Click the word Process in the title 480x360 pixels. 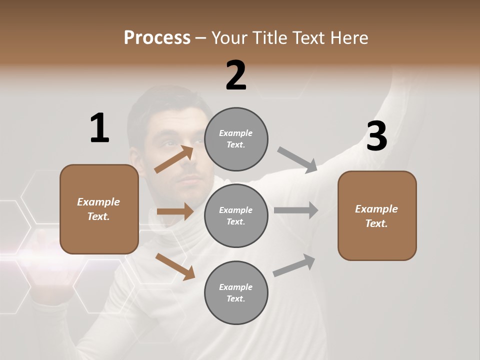pos(157,38)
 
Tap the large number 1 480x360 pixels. pos(99,128)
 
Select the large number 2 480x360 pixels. pos(236,75)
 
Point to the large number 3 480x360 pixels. pos(376,136)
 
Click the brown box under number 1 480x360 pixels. pos(99,209)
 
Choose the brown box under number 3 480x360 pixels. pos(377,216)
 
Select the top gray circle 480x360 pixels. pos(236,139)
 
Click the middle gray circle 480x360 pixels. pos(236,216)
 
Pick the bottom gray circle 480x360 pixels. pos(236,293)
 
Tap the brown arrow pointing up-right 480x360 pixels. pos(174,159)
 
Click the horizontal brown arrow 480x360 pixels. pos(175,211)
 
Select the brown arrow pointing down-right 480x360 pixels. pos(175,266)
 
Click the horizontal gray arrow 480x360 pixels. pos(296,210)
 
